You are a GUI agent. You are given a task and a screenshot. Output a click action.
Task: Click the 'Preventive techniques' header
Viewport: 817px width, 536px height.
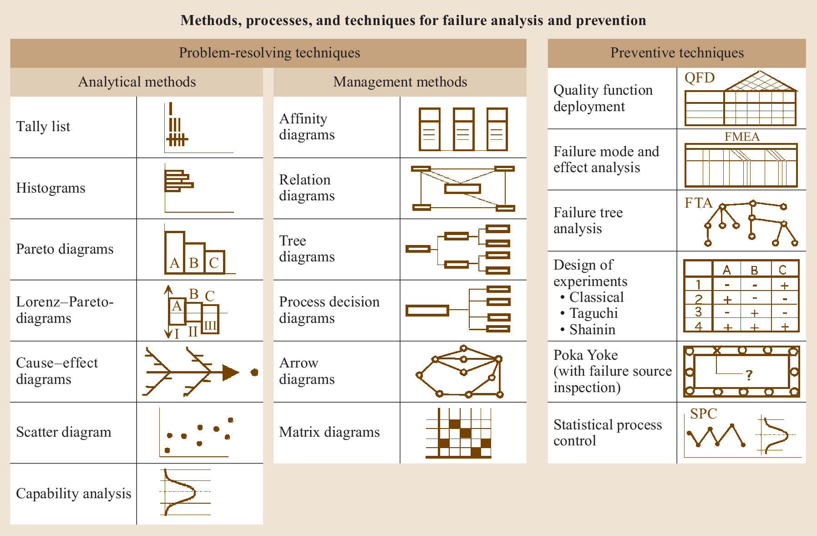tap(677, 53)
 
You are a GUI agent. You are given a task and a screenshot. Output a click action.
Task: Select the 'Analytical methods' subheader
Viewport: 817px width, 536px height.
tap(137, 82)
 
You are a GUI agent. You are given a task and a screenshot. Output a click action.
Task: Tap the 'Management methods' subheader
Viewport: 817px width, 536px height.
tap(400, 82)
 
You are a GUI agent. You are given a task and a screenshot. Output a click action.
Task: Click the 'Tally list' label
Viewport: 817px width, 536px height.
tap(43, 127)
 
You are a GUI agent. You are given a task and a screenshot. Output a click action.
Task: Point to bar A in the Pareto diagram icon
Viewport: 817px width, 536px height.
tap(175, 253)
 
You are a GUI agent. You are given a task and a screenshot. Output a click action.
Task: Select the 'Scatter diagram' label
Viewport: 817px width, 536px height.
tap(64, 432)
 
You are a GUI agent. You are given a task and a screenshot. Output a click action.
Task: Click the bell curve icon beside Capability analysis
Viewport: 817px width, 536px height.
tap(180, 492)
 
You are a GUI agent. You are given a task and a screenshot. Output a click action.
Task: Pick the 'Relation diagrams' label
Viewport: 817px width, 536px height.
tap(307, 188)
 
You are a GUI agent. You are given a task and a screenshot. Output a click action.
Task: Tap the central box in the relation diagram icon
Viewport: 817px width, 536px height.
tap(462, 188)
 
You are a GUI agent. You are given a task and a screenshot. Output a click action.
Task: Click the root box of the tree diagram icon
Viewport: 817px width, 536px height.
tap(418, 249)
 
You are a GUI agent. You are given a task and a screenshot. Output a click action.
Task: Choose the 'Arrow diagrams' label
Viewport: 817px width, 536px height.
tap(307, 371)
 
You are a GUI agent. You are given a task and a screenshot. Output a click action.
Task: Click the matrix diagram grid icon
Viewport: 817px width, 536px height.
tap(459, 433)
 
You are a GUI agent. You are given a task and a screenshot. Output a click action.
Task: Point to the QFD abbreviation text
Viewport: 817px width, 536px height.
tap(700, 78)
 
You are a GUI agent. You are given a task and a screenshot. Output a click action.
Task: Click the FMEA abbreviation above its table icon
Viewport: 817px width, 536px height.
tap(742, 137)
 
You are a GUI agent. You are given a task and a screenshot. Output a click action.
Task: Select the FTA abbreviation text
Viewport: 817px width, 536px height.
tap(698, 203)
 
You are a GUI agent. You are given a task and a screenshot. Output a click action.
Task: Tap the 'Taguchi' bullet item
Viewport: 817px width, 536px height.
tap(594, 313)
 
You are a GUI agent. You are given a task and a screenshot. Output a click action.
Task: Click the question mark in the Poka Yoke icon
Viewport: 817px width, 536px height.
tap(749, 375)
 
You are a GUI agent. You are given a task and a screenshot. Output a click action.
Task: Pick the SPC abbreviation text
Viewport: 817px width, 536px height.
tap(703, 413)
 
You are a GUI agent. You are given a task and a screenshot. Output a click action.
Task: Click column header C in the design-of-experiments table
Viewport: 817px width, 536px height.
tap(782, 270)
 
